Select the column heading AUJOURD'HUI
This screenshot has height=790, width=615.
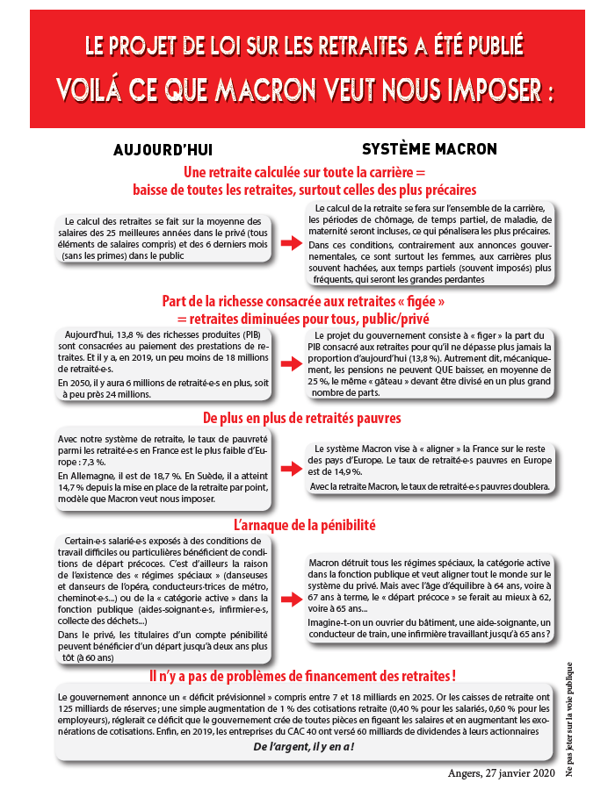pyautogui.click(x=163, y=150)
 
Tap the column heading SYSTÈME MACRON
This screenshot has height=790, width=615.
pyautogui.click(x=430, y=149)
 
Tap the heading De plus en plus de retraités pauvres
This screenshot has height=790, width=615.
pyautogui.click(x=301, y=417)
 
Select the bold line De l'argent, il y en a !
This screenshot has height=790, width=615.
pyautogui.click(x=307, y=746)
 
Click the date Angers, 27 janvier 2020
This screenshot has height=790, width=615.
pyautogui.click(x=496, y=772)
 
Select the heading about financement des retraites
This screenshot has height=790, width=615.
pyautogui.click(x=303, y=676)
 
